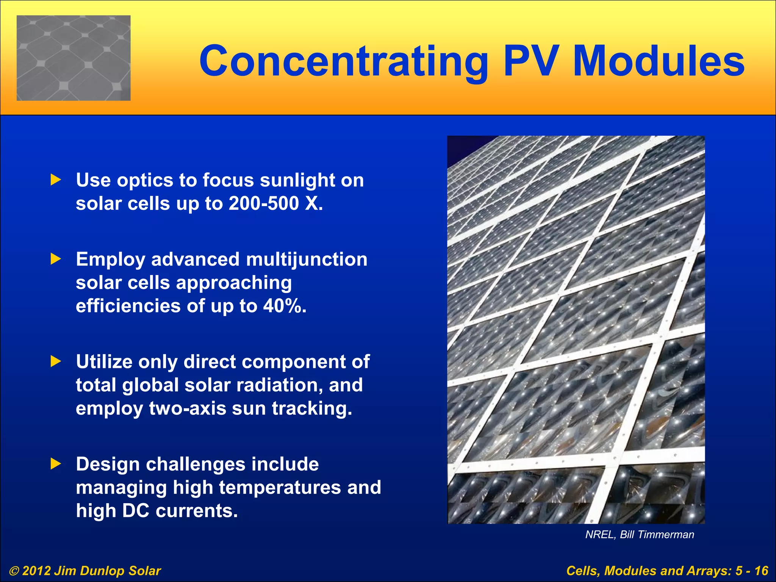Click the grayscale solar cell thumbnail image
pos(74,58)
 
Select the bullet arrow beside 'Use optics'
pos(56,180)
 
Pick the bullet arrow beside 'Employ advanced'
pos(56,260)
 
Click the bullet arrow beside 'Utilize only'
pos(56,361)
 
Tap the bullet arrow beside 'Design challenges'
pos(56,464)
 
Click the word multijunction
pos(307,260)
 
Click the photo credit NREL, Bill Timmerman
pos(640,535)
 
